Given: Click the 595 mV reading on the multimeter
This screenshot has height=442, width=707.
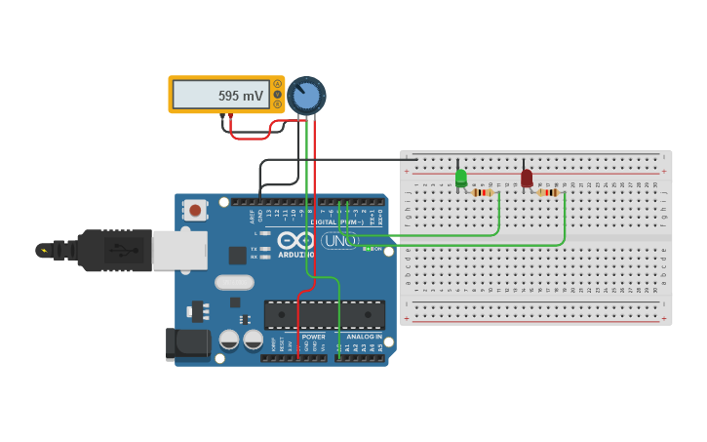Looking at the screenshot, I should (x=241, y=97).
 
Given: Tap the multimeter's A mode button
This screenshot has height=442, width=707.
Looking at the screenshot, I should (x=278, y=84).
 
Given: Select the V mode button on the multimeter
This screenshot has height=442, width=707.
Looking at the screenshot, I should (x=278, y=95).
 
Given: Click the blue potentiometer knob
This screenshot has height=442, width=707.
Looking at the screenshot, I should (x=306, y=96).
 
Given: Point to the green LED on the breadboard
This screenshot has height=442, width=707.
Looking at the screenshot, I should (x=461, y=178).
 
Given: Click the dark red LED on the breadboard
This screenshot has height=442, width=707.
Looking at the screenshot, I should (x=527, y=179).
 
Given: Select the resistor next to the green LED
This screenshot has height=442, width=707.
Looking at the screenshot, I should (x=482, y=192).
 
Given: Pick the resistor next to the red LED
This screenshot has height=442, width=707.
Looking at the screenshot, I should (x=548, y=192).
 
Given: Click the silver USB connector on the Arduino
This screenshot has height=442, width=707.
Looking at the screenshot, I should (x=179, y=250).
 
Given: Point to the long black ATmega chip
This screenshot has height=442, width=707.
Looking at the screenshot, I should (x=325, y=314).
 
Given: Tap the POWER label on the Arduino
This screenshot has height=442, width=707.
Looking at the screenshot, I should (x=313, y=337).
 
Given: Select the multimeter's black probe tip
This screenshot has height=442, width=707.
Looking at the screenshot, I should (x=223, y=116).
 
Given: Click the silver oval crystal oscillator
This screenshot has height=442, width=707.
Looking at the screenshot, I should (x=234, y=282).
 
